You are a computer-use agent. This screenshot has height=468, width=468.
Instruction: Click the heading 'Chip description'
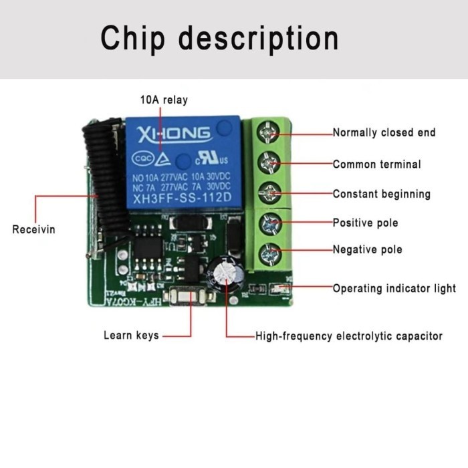tap(219, 38)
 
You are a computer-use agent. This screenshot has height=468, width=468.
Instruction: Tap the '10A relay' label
tap(164, 100)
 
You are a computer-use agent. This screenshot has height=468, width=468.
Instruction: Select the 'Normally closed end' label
tap(384, 132)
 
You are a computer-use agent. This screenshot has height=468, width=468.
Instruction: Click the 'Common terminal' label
tap(377, 164)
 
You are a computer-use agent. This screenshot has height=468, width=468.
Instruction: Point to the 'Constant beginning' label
tap(381, 194)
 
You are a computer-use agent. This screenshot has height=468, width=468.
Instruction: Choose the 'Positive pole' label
tap(366, 223)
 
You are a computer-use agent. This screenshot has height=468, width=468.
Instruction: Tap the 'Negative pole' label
tap(368, 249)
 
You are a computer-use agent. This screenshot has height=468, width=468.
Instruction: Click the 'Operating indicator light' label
tap(394, 288)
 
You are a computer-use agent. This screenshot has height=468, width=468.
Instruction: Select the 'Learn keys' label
tap(131, 335)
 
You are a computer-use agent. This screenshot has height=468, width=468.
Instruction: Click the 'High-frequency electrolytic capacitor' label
tap(349, 336)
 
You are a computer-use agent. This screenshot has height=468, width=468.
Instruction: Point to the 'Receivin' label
tap(33, 229)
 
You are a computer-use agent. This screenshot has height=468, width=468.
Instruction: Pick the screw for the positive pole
tap(269, 223)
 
